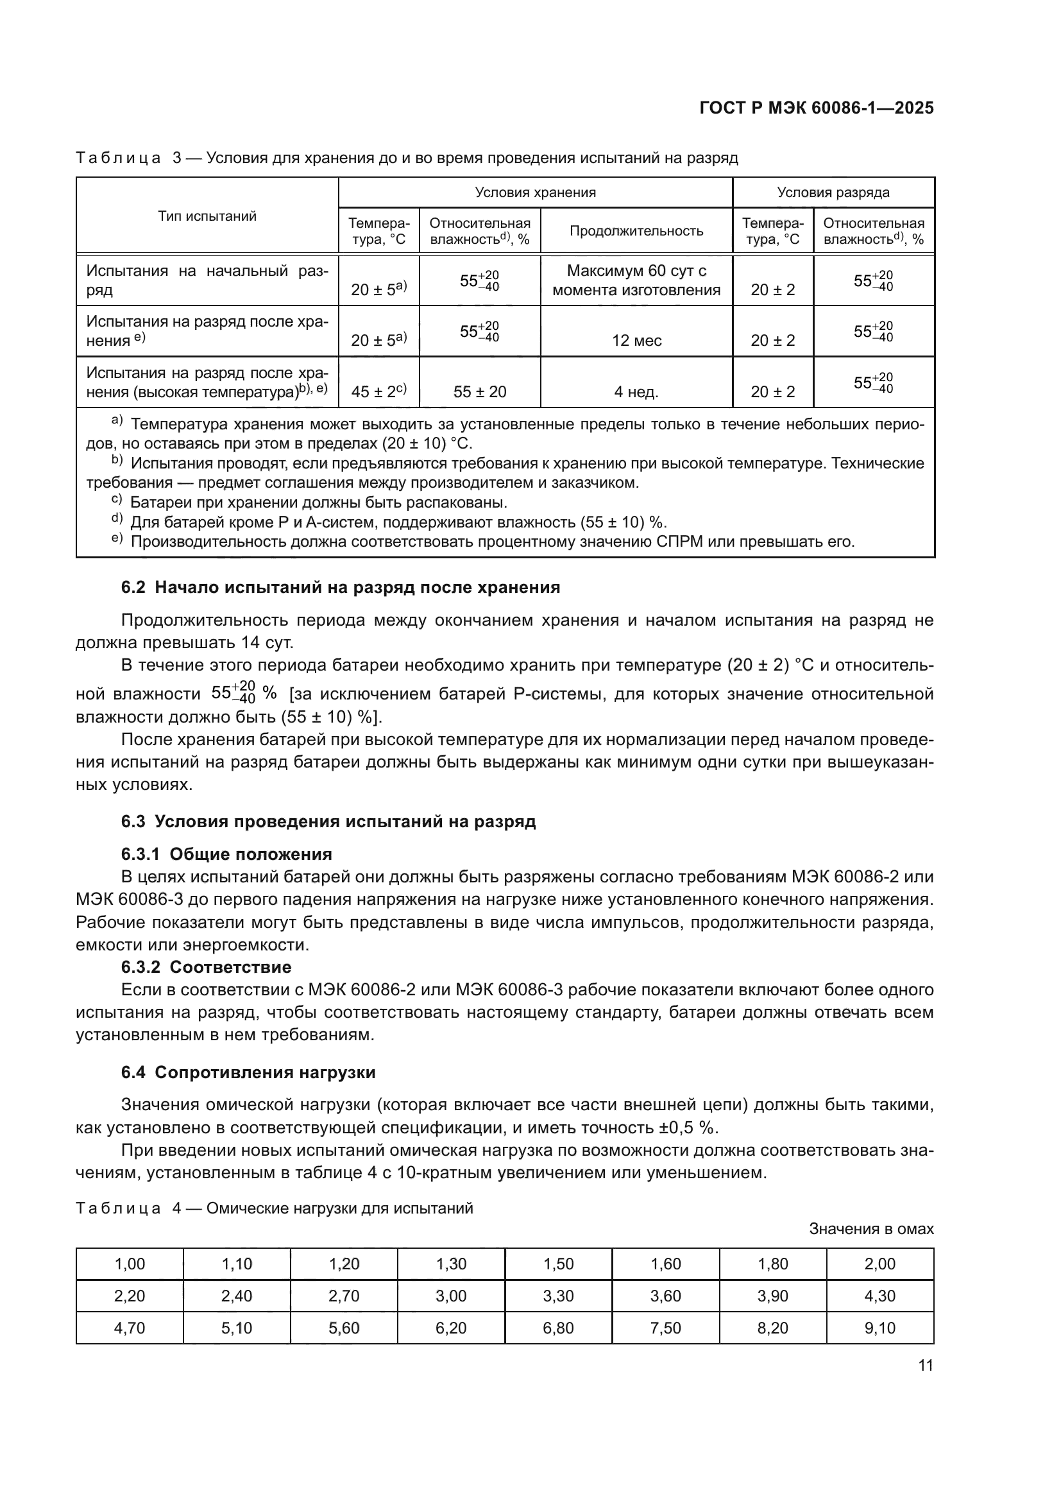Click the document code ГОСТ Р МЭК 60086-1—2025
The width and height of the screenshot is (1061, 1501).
(816, 108)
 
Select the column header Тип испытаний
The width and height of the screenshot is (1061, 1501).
(207, 216)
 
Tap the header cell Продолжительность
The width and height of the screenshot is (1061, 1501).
(636, 231)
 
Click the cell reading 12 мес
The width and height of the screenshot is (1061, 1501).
(636, 341)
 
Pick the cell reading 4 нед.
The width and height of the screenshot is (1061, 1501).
(636, 392)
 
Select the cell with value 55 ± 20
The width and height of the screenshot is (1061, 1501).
(480, 392)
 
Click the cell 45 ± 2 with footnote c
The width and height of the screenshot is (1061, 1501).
(378, 391)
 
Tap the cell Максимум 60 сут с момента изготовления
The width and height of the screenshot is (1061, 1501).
(636, 280)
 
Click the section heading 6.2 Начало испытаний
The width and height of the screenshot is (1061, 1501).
(341, 587)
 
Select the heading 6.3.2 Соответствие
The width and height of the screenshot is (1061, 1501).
(207, 967)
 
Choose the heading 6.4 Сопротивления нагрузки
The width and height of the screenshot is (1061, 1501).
(248, 1073)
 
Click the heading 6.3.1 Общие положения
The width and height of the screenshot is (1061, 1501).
(226, 854)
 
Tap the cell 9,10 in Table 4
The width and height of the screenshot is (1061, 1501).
(879, 1328)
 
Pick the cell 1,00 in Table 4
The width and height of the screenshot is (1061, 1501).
(130, 1264)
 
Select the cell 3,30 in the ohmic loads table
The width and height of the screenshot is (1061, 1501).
(558, 1296)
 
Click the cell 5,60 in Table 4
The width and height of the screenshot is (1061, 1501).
(344, 1328)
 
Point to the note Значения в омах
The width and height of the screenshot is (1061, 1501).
(871, 1229)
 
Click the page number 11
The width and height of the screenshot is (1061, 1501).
(925, 1366)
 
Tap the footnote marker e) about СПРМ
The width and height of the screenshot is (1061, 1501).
(117, 538)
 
